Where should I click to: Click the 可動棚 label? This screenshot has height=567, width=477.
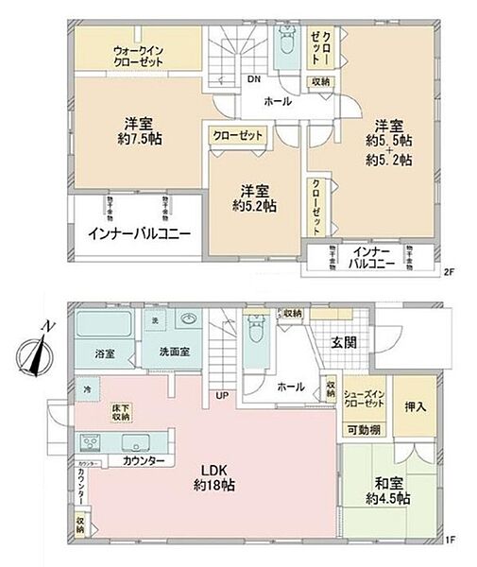(363, 430)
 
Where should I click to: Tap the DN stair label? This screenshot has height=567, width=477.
(254, 79)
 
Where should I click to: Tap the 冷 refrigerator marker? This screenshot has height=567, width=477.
(84, 388)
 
